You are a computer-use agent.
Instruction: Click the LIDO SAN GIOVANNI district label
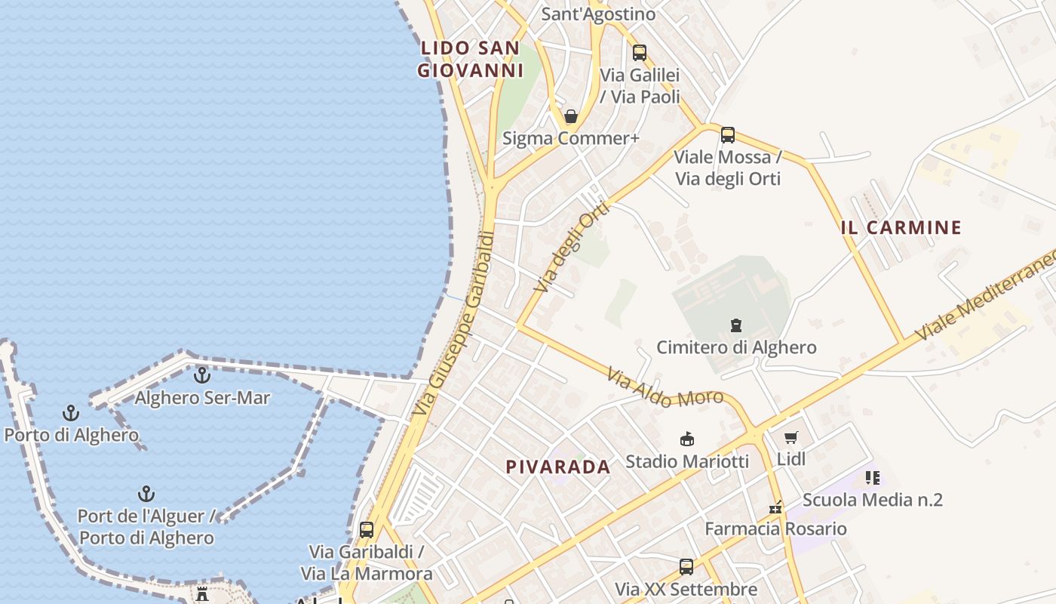(x=471, y=60)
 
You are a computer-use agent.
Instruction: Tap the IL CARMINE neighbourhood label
(x=901, y=227)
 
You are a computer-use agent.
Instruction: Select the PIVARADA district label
(x=558, y=467)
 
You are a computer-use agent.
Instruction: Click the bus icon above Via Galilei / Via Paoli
(x=640, y=53)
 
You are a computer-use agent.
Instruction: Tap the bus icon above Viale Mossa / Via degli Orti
(x=728, y=135)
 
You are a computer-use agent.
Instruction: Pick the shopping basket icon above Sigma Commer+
(x=571, y=116)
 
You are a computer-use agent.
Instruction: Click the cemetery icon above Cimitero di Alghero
(x=736, y=325)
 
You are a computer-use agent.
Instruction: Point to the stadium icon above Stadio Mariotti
(x=687, y=439)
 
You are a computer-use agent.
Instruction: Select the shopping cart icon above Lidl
(x=791, y=437)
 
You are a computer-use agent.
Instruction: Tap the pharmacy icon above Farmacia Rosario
(x=775, y=507)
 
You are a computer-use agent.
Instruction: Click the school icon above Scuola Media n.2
(x=873, y=477)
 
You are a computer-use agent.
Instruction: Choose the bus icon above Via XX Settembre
(x=686, y=566)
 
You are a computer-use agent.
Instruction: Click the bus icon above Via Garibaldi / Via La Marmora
(x=367, y=530)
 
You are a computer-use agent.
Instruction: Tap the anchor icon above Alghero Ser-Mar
(x=202, y=374)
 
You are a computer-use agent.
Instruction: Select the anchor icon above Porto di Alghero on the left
(x=71, y=413)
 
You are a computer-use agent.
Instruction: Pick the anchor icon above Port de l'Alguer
(x=146, y=495)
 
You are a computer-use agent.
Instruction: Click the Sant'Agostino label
(x=599, y=14)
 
